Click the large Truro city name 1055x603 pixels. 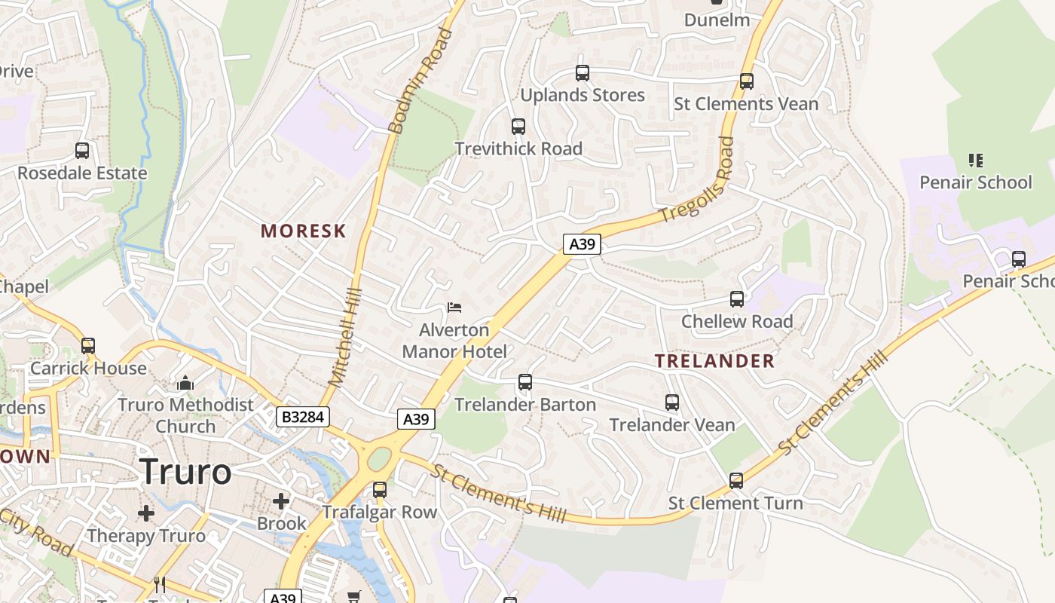click(x=185, y=472)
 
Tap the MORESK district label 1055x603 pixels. click(x=303, y=231)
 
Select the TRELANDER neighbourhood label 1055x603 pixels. click(x=714, y=361)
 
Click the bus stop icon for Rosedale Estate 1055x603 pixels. click(x=82, y=151)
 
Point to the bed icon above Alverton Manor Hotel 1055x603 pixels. click(x=454, y=308)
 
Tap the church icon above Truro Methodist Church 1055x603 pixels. click(x=185, y=384)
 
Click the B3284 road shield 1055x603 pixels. click(x=303, y=417)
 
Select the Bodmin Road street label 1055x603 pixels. click(x=420, y=81)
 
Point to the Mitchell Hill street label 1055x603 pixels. click(x=346, y=337)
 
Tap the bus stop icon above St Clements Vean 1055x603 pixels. click(x=746, y=81)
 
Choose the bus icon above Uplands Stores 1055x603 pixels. click(x=583, y=73)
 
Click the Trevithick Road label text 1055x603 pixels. click(x=518, y=148)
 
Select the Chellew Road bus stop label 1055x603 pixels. click(x=737, y=322)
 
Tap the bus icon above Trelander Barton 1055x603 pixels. click(x=525, y=382)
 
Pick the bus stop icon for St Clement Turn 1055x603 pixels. click(x=736, y=481)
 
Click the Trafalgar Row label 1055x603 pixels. click(x=380, y=513)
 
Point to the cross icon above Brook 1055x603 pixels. click(x=281, y=500)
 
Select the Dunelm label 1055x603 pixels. click(x=717, y=20)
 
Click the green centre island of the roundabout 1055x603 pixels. click(x=379, y=458)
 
